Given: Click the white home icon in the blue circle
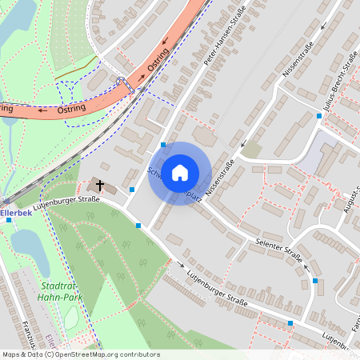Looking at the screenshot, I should pyautogui.click(x=180, y=172).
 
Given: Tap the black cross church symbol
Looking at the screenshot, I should pyautogui.click(x=100, y=186).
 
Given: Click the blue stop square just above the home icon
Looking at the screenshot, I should pyautogui.click(x=163, y=145).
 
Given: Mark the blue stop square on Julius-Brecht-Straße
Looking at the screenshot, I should pyautogui.click(x=319, y=116).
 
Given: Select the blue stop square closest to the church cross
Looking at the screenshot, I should pyautogui.click(x=132, y=190).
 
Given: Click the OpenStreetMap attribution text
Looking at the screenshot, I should pyautogui.click(x=80, y=354).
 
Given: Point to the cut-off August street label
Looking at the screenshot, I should pyautogui.click(x=350, y=212).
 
